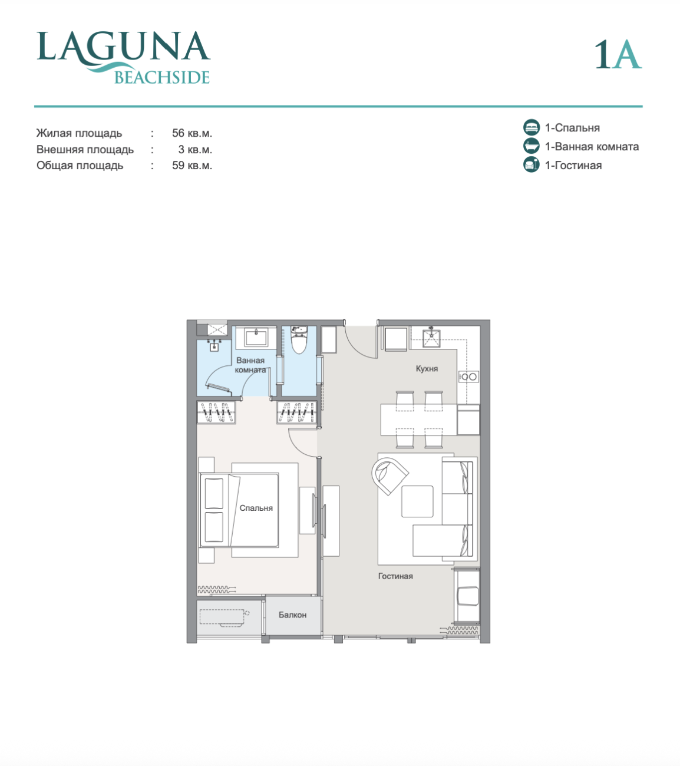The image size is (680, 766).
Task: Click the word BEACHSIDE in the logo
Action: click(162, 78)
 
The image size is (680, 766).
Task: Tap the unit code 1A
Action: click(618, 55)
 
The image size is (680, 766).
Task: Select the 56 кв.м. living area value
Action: click(192, 133)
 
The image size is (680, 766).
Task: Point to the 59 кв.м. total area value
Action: click(192, 166)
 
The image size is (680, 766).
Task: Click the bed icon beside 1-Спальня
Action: click(532, 127)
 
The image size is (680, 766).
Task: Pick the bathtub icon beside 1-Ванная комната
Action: click(532, 146)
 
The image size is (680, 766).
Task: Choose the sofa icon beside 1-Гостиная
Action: click(532, 165)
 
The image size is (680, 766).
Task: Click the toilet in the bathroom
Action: click(299, 339)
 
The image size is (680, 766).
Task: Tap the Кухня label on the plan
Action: click(427, 369)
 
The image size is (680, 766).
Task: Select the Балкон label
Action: click(292, 615)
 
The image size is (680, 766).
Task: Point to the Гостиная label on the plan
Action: click(395, 576)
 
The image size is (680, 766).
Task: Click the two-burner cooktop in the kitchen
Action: click(469, 377)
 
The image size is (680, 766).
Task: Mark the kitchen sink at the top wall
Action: click(431, 338)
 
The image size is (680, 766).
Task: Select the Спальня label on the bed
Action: click(256, 508)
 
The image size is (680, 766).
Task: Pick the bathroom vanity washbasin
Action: click(257, 338)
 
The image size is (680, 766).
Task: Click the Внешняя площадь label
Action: click(85, 150)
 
